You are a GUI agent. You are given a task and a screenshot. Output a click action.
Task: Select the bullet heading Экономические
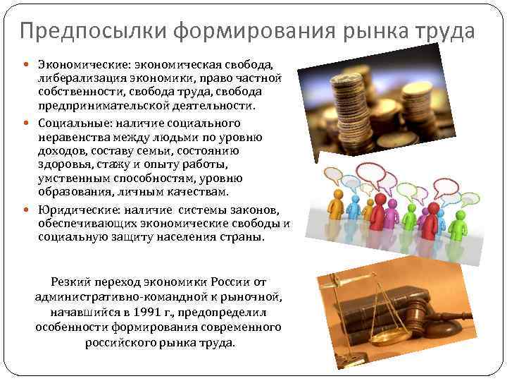77,64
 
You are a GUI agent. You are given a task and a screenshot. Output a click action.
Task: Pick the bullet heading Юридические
75,210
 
